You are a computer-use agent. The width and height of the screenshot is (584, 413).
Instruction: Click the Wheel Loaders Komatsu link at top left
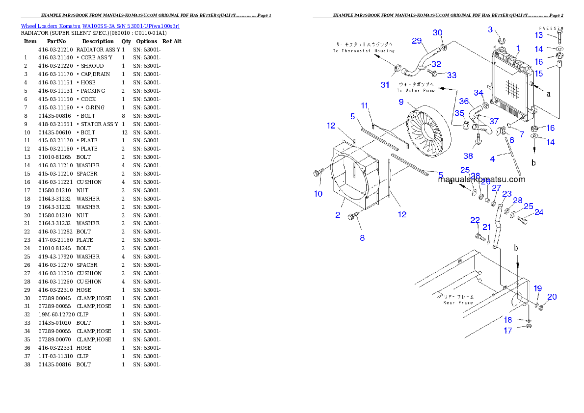coord(100,26)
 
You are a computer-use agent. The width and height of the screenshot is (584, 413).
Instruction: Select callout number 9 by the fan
coord(401,102)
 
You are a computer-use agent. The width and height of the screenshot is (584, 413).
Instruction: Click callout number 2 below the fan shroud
coord(338,215)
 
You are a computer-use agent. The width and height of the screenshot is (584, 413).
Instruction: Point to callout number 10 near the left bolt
coord(318,194)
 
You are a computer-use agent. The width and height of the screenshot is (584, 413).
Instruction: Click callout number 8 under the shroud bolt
coord(362,238)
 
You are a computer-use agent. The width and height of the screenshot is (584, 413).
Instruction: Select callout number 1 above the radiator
coord(517,48)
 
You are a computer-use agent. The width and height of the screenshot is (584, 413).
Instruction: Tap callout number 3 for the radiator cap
coord(490,30)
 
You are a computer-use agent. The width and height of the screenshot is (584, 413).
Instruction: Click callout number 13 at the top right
coord(539,35)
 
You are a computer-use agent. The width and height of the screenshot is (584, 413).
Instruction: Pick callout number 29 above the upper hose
coord(417,41)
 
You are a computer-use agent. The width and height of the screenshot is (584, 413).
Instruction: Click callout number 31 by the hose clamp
coord(385,85)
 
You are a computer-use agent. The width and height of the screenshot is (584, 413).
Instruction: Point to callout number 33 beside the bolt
coord(451,75)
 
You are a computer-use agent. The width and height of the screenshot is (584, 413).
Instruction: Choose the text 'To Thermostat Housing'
coord(363,51)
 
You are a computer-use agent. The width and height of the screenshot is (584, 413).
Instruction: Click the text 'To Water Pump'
coord(416,91)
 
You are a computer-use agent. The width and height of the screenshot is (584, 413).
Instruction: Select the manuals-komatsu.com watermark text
coord(481,180)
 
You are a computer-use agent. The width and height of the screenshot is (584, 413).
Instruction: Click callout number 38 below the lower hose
coord(468,156)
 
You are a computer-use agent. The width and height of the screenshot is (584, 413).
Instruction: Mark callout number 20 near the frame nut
coord(552,297)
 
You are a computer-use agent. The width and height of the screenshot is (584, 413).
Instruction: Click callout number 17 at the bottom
coord(508,331)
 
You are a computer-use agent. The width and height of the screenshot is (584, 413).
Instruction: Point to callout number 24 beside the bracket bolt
coord(539,212)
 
